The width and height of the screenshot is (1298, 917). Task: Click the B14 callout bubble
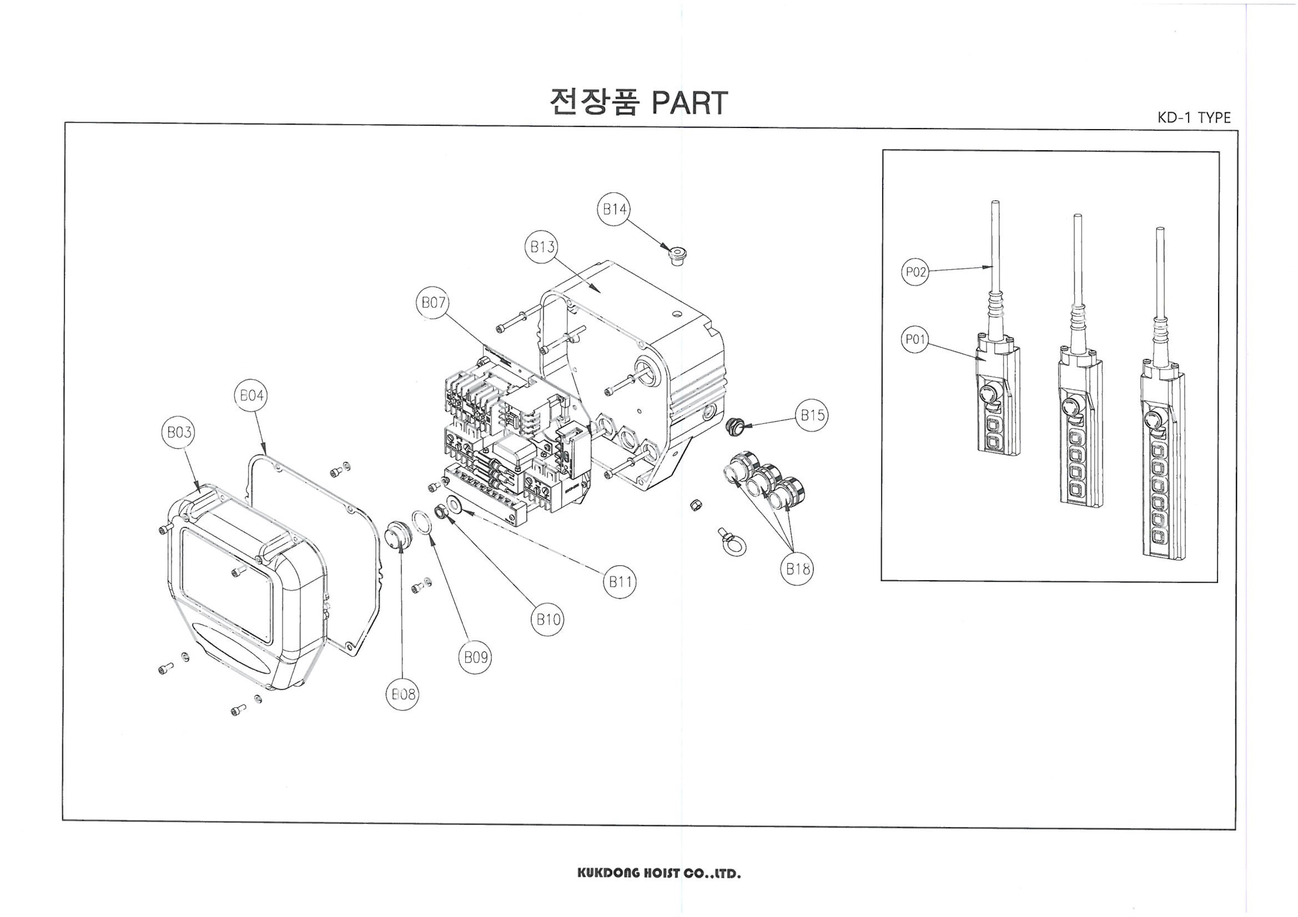point(614,210)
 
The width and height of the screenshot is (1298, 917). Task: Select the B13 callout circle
point(542,247)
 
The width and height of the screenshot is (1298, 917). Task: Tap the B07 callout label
point(433,303)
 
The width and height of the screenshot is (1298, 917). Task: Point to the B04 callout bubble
point(251,395)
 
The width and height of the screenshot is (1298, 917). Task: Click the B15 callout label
point(812,415)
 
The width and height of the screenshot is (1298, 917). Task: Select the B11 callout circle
point(620,581)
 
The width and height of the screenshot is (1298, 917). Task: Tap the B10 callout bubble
point(547,620)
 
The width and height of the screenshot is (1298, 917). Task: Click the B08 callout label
point(403,694)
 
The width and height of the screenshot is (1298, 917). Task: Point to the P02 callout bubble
point(915,272)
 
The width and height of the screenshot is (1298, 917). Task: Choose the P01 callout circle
point(915,340)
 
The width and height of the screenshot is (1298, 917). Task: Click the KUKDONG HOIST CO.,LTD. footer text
point(658,873)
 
